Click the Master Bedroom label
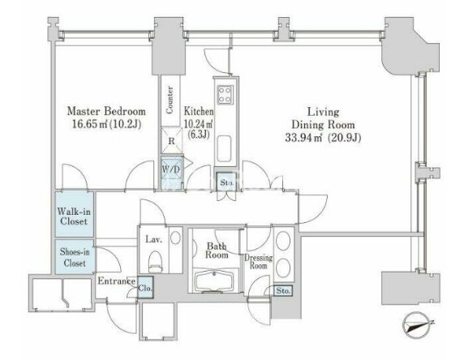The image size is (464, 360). [x=106, y=112]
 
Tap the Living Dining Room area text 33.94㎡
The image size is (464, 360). [x=303, y=138]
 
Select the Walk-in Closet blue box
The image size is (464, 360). [x=75, y=214]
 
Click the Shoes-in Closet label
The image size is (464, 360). [x=75, y=257]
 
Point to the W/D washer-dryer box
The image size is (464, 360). [x=171, y=170]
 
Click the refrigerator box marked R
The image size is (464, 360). [x=172, y=140]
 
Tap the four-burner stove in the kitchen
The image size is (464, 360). [x=226, y=95]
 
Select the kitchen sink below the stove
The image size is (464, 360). [x=224, y=148]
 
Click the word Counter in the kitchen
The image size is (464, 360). [x=170, y=100]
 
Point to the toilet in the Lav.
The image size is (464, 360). [x=155, y=262]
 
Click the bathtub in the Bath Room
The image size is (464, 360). [x=214, y=281]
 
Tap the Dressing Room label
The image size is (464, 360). [x=258, y=262]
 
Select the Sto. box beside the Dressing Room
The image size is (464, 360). [x=283, y=290]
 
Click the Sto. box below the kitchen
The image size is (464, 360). [x=226, y=182]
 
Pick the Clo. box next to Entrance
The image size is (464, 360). [x=145, y=288]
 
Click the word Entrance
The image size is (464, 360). [x=117, y=281]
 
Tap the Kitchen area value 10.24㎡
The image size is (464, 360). [x=199, y=123]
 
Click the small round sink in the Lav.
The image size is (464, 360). [x=175, y=238]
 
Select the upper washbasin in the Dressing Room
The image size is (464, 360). [x=283, y=241]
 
